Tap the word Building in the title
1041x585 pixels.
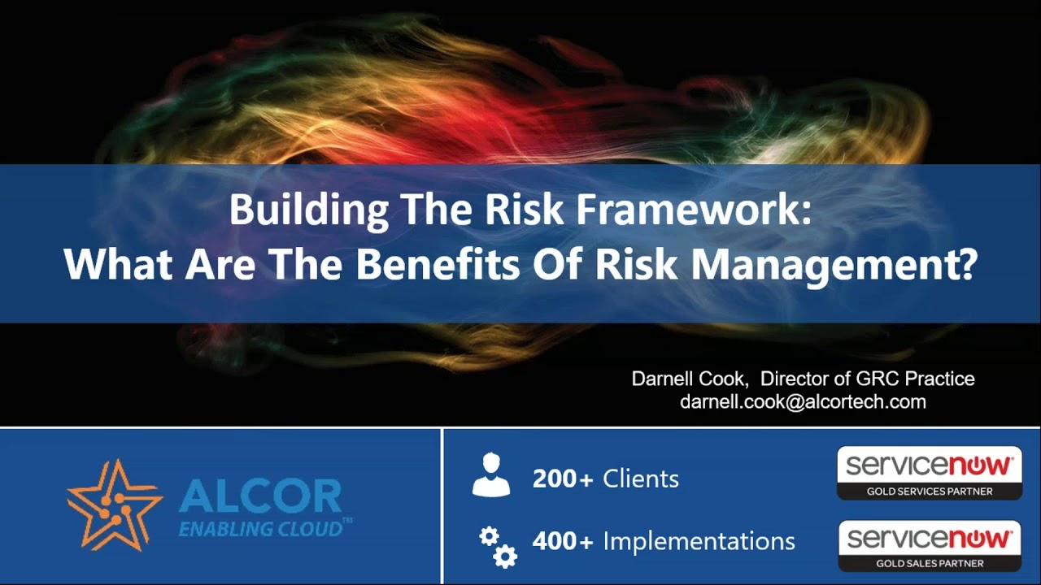[308, 210]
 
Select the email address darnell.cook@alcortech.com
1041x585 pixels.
[803, 401]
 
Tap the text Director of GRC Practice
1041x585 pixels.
[867, 379]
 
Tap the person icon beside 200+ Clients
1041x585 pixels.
[490, 476]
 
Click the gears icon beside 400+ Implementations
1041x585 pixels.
[498, 546]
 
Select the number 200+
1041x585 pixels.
[563, 479]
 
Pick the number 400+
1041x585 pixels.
[563, 540]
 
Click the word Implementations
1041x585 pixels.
[699, 540]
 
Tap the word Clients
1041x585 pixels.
[640, 479]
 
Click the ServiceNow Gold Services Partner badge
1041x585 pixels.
[929, 473]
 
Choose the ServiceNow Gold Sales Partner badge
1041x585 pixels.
[929, 545]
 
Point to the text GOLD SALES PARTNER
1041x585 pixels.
[929, 563]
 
